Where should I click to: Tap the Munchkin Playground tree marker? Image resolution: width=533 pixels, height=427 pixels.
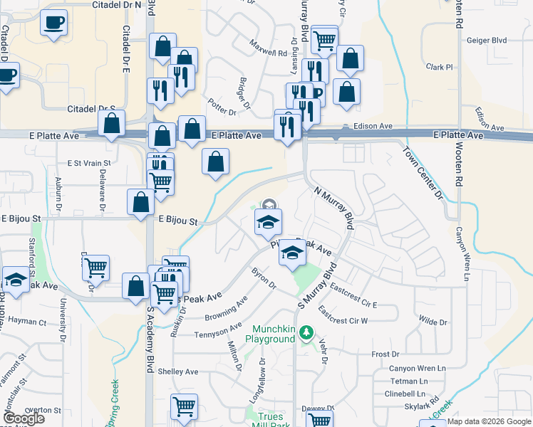(x=306, y=332)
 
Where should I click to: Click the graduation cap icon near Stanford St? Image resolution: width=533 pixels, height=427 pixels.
(x=15, y=280)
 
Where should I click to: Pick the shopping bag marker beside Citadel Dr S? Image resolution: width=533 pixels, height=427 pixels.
(x=112, y=123)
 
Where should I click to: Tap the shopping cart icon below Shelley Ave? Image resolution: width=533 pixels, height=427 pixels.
(x=184, y=406)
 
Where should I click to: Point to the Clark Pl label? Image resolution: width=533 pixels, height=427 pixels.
(x=440, y=67)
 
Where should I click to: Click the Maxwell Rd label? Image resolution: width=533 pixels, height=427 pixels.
(x=268, y=48)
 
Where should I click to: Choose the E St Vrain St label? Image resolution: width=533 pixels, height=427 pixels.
(x=89, y=163)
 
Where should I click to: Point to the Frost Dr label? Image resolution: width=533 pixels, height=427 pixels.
(x=385, y=354)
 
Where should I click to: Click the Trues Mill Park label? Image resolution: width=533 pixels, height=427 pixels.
(x=270, y=421)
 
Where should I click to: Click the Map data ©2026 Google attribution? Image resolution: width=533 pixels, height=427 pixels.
(x=490, y=422)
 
